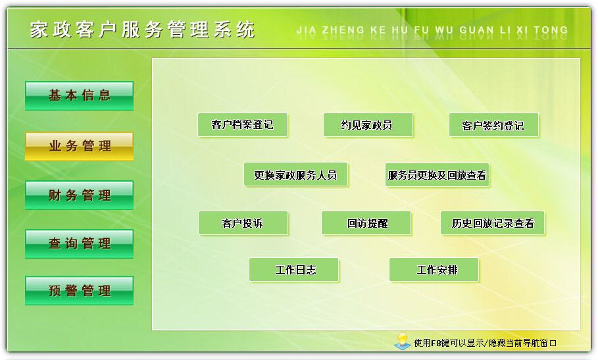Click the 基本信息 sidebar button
(79, 95)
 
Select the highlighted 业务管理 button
(79, 146)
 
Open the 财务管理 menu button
(79, 195)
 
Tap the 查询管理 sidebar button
(79, 244)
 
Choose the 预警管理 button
(79, 291)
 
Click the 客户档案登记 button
(242, 125)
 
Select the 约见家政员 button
(368, 125)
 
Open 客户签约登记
(493, 126)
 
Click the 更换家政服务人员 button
(295, 175)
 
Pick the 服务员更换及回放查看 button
(437, 175)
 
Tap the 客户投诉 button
(243, 223)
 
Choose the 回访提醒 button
(366, 223)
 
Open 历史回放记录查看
(493, 223)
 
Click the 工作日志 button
(294, 270)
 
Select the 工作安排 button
(434, 270)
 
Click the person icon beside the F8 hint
(401, 341)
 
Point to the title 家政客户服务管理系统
(142, 30)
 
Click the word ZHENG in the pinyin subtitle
(342, 30)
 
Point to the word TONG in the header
(551, 30)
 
